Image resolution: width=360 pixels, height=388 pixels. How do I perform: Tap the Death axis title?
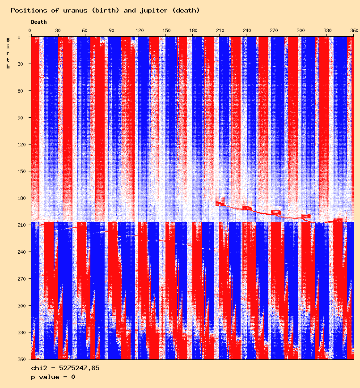click(38, 22)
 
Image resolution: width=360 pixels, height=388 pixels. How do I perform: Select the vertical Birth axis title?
click(8, 53)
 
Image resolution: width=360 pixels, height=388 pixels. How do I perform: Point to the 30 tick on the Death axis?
click(58, 30)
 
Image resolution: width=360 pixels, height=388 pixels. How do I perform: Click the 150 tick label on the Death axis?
click(166, 30)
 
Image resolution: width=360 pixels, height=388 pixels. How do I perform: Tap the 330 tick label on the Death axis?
click(328, 30)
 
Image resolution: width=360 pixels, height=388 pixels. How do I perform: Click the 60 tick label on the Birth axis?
click(21, 91)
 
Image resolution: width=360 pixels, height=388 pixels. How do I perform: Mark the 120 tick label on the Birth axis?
click(19, 145)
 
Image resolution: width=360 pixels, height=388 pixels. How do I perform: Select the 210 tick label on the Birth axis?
click(19, 225)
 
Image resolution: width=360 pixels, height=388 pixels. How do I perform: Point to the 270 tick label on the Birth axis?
click(19, 279)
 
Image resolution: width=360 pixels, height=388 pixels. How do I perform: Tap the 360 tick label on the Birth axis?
click(19, 359)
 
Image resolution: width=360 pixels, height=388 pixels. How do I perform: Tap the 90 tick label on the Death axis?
click(112, 30)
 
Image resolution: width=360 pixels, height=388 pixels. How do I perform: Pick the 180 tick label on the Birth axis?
click(19, 198)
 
